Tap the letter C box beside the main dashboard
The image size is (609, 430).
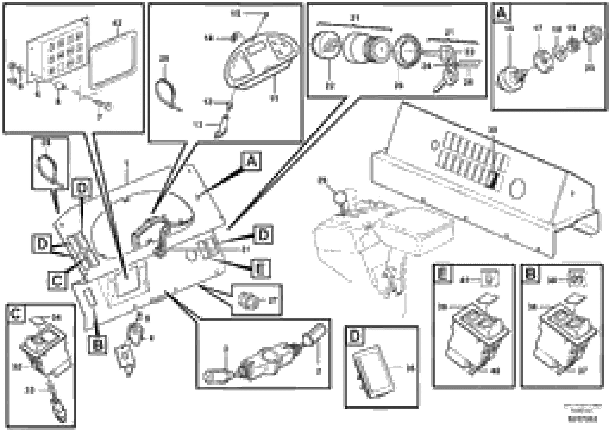(x=57, y=281)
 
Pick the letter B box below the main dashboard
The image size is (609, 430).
(x=97, y=345)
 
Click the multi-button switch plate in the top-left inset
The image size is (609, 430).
(x=58, y=50)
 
